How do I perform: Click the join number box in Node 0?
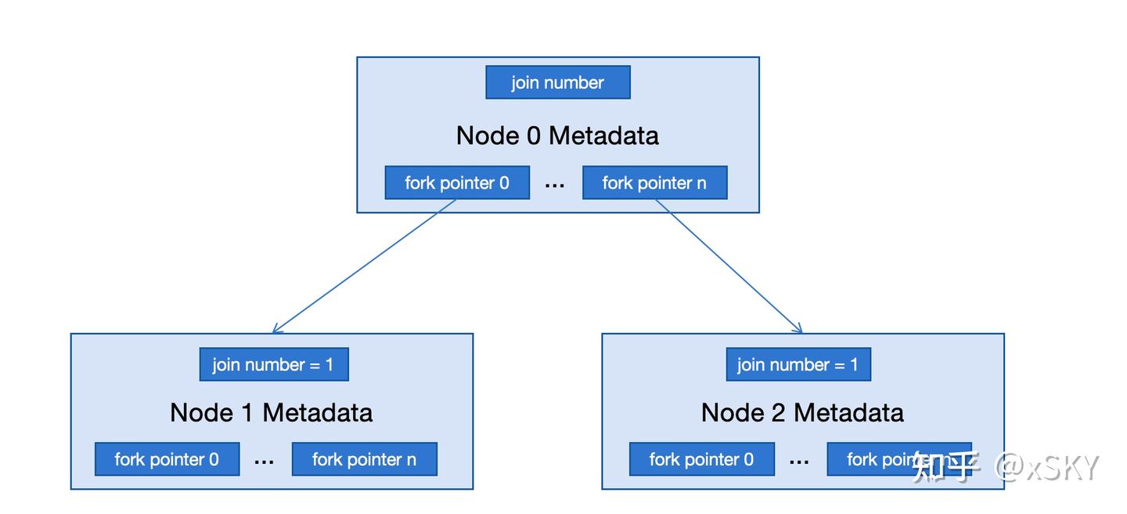[x=557, y=82]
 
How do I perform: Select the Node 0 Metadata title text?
[x=557, y=136]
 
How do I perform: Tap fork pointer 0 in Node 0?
[x=457, y=183]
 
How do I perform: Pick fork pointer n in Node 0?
[x=654, y=183]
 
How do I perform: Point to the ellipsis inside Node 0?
[x=555, y=185]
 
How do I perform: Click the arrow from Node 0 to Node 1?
[x=365, y=266]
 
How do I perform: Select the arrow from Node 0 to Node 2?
[x=729, y=266]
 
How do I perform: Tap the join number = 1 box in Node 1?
[x=273, y=365]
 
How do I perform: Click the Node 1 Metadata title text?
[x=271, y=413]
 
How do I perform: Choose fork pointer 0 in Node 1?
[x=167, y=459]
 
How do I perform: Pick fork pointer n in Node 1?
[x=364, y=459]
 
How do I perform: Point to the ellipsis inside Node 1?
[x=265, y=462]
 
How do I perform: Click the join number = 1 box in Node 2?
[x=798, y=365]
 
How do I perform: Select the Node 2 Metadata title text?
[x=802, y=413]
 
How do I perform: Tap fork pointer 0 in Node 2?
[x=701, y=459]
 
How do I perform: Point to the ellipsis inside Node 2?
[x=799, y=462]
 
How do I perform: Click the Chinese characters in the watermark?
[x=945, y=468]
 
